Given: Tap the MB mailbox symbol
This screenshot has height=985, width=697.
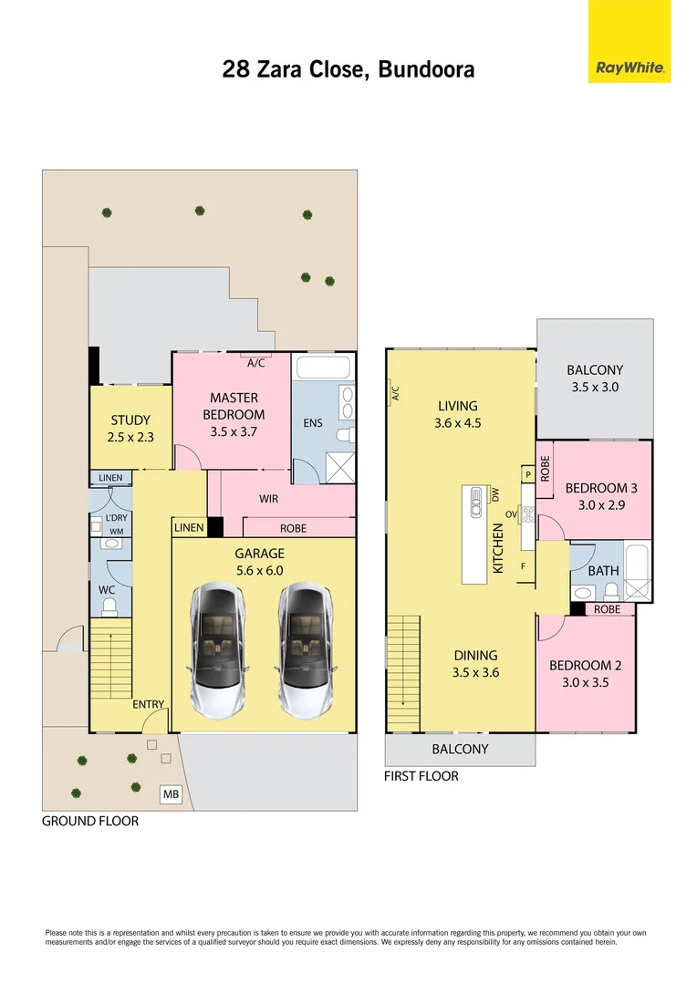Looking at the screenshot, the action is [x=171, y=795].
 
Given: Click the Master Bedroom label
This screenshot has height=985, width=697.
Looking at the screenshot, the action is [x=234, y=406].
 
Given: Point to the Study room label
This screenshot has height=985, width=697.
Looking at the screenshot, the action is [x=130, y=420].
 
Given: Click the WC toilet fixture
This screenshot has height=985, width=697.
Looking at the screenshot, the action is [x=110, y=606].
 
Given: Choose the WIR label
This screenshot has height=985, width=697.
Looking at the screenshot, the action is [x=268, y=499].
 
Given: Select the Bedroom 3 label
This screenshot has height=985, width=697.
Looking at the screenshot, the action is [x=601, y=488].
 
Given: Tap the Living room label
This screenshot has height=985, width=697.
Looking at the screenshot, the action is [x=457, y=406].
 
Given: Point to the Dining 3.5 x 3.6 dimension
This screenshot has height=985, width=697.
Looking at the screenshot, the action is [x=475, y=673].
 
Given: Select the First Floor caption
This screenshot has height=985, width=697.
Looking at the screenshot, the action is [x=421, y=776].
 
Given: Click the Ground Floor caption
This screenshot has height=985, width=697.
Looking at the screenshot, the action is [x=90, y=821].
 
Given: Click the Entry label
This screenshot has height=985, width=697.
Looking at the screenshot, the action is [x=149, y=704].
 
